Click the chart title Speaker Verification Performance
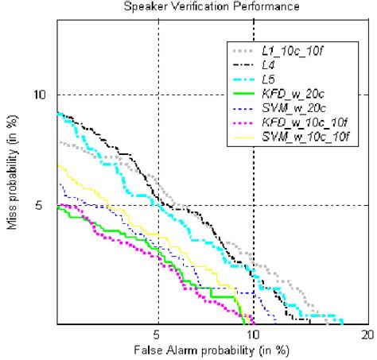point(212,6)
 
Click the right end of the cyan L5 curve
point(342,323)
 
